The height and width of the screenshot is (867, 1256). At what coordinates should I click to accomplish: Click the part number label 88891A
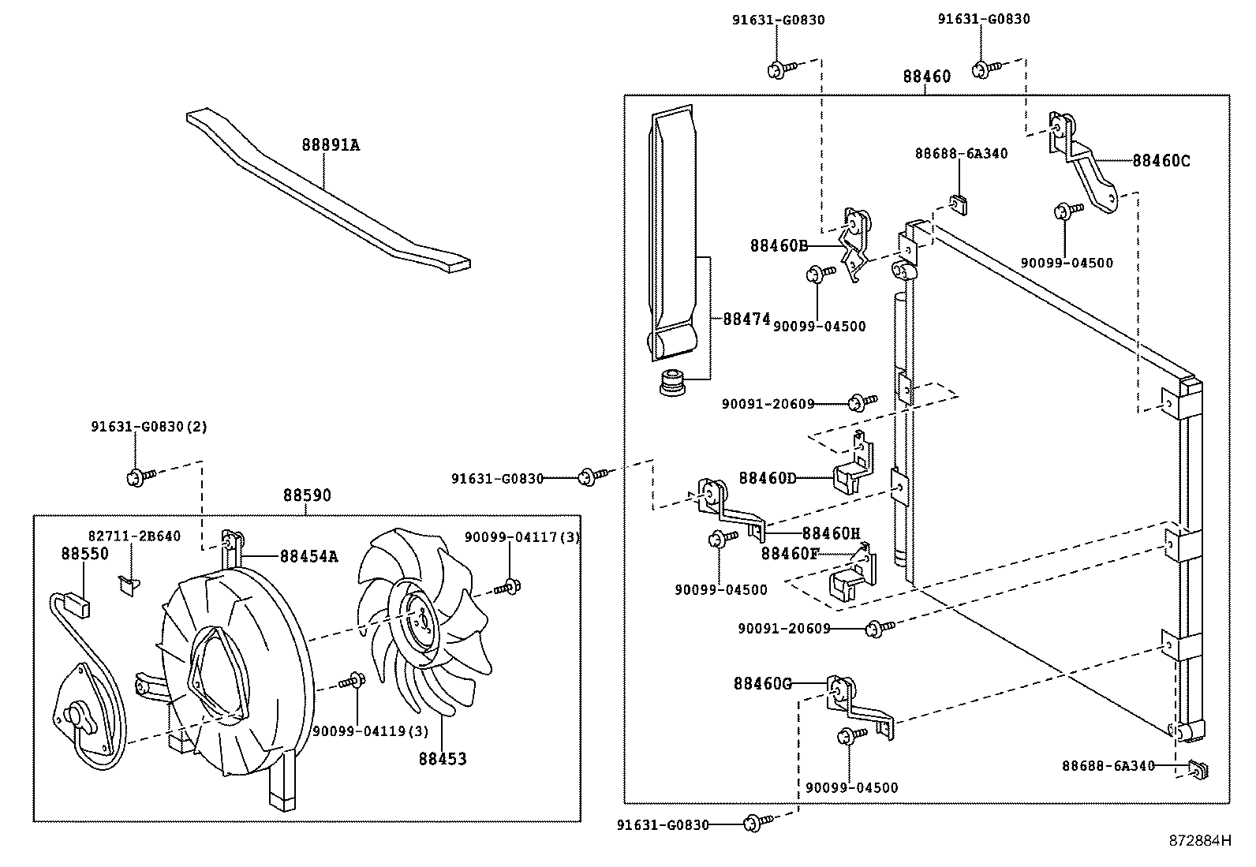330,145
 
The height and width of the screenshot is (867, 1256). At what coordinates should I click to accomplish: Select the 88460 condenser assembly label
926,77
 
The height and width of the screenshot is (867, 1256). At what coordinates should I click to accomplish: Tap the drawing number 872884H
1199,840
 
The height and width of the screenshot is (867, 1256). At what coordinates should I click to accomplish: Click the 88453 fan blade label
442,759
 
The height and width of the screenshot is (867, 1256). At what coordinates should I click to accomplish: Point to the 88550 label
84,554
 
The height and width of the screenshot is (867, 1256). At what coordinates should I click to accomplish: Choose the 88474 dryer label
746,320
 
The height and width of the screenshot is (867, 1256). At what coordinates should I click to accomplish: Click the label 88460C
1161,161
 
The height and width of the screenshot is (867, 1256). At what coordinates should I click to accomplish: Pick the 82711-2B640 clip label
134,536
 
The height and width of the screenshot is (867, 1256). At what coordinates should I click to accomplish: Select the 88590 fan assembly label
307,495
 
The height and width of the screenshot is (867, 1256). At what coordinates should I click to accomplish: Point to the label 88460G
761,683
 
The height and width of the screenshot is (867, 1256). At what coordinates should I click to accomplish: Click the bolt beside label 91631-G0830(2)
136,476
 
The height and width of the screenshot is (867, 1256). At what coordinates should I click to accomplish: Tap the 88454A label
308,557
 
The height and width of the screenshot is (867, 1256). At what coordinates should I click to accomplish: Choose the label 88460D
767,478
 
